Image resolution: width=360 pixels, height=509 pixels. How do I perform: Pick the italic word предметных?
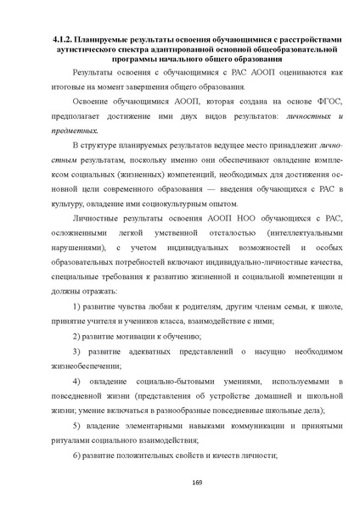pyautogui.click(x=75, y=131)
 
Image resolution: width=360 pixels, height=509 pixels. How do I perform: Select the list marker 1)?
pyautogui.click(x=77, y=306)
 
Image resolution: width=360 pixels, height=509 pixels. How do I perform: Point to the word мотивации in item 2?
pyautogui.click(x=134, y=336)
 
